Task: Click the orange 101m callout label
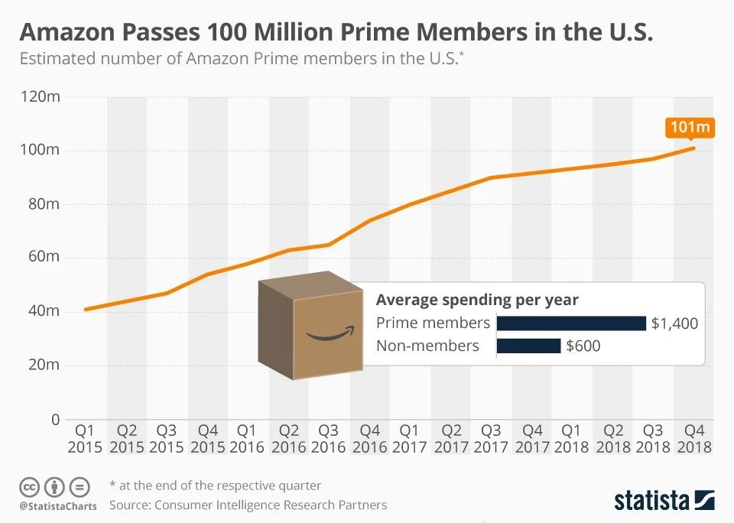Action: pyautogui.click(x=690, y=126)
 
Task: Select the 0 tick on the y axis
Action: pyautogui.click(x=54, y=419)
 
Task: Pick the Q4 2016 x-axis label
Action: pyautogui.click(x=369, y=438)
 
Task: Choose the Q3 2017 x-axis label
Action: pyautogui.click(x=491, y=438)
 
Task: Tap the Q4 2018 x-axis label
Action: pyautogui.click(x=694, y=438)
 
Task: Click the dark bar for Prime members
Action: pyautogui.click(x=571, y=323)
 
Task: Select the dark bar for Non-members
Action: pyautogui.click(x=528, y=346)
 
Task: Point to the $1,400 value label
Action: pyautogui.click(x=674, y=323)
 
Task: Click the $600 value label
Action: pyautogui.click(x=583, y=346)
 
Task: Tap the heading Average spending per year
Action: pyautogui.click(x=477, y=300)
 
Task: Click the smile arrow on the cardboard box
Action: pyautogui.click(x=330, y=333)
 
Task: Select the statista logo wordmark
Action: pyautogui.click(x=651, y=501)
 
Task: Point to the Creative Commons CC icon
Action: pyautogui.click(x=29, y=486)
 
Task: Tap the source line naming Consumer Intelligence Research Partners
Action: pyautogui.click(x=248, y=505)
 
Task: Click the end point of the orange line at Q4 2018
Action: pyautogui.click(x=693, y=148)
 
